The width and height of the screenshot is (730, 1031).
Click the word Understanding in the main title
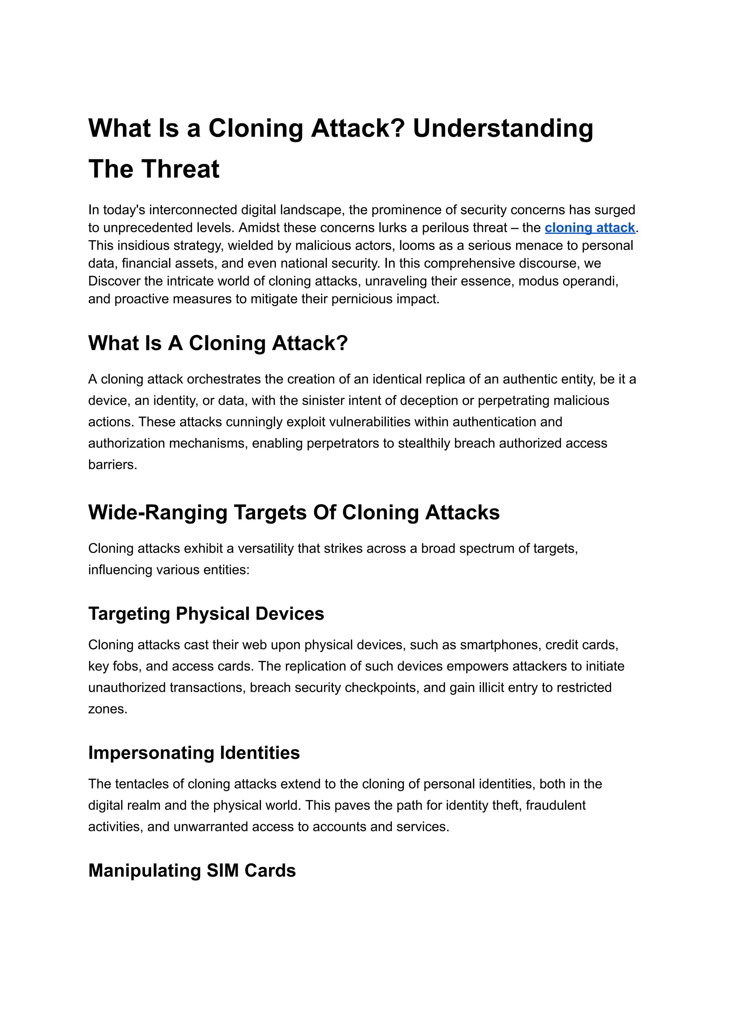point(503,129)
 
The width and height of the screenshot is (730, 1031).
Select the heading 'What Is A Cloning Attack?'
point(218,343)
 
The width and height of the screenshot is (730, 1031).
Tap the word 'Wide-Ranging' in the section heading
point(157,512)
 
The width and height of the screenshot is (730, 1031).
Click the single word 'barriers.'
point(112,465)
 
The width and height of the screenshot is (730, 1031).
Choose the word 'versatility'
point(265,549)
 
